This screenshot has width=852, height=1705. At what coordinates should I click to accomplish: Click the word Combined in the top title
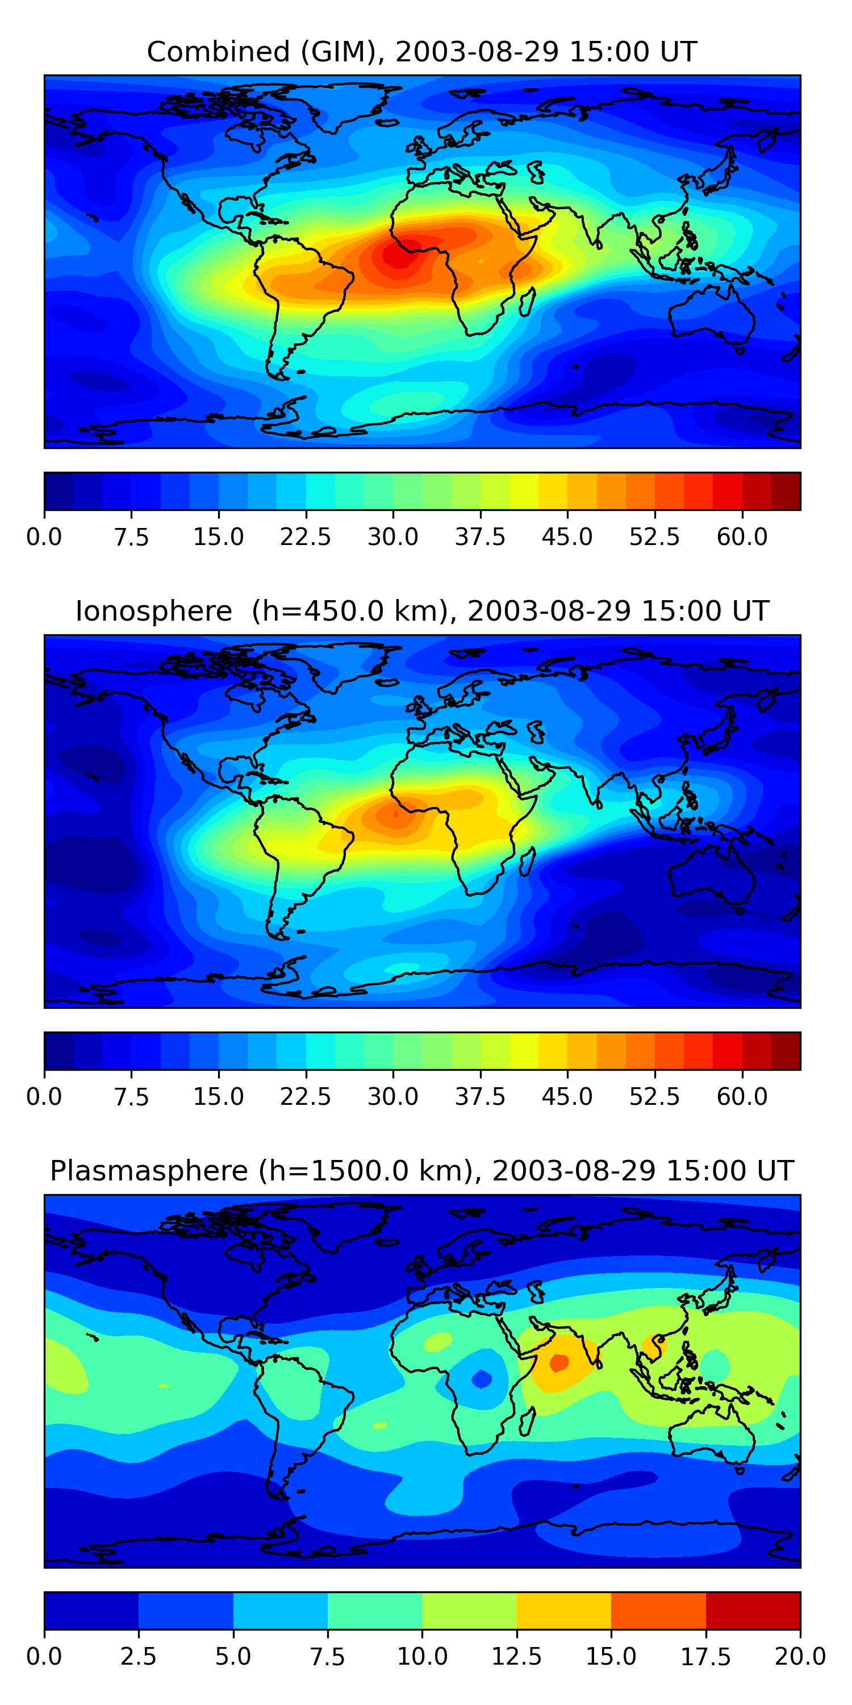tap(218, 52)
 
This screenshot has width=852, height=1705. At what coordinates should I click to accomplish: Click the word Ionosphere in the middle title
tap(153, 611)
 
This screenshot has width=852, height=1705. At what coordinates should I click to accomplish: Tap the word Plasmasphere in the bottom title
tap(149, 1171)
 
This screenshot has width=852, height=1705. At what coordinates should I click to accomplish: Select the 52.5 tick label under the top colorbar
tap(654, 537)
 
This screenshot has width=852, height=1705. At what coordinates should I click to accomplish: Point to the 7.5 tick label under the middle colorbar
tap(131, 1097)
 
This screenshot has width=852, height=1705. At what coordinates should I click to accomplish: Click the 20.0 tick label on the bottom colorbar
tap(800, 1657)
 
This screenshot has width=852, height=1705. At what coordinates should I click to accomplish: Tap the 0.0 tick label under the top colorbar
tap(44, 537)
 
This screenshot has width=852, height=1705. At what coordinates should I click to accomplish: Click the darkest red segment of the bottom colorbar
tap(753, 1610)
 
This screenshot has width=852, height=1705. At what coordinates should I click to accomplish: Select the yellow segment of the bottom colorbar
tap(563, 1610)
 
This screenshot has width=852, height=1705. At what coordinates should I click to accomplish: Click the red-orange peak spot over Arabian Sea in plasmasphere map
tap(559, 1363)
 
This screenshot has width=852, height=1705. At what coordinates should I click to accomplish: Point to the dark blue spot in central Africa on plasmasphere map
tap(482, 1379)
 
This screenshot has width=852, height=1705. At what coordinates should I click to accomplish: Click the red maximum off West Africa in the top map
tap(399, 255)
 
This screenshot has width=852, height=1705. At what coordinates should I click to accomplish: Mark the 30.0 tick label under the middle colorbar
tap(393, 1097)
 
